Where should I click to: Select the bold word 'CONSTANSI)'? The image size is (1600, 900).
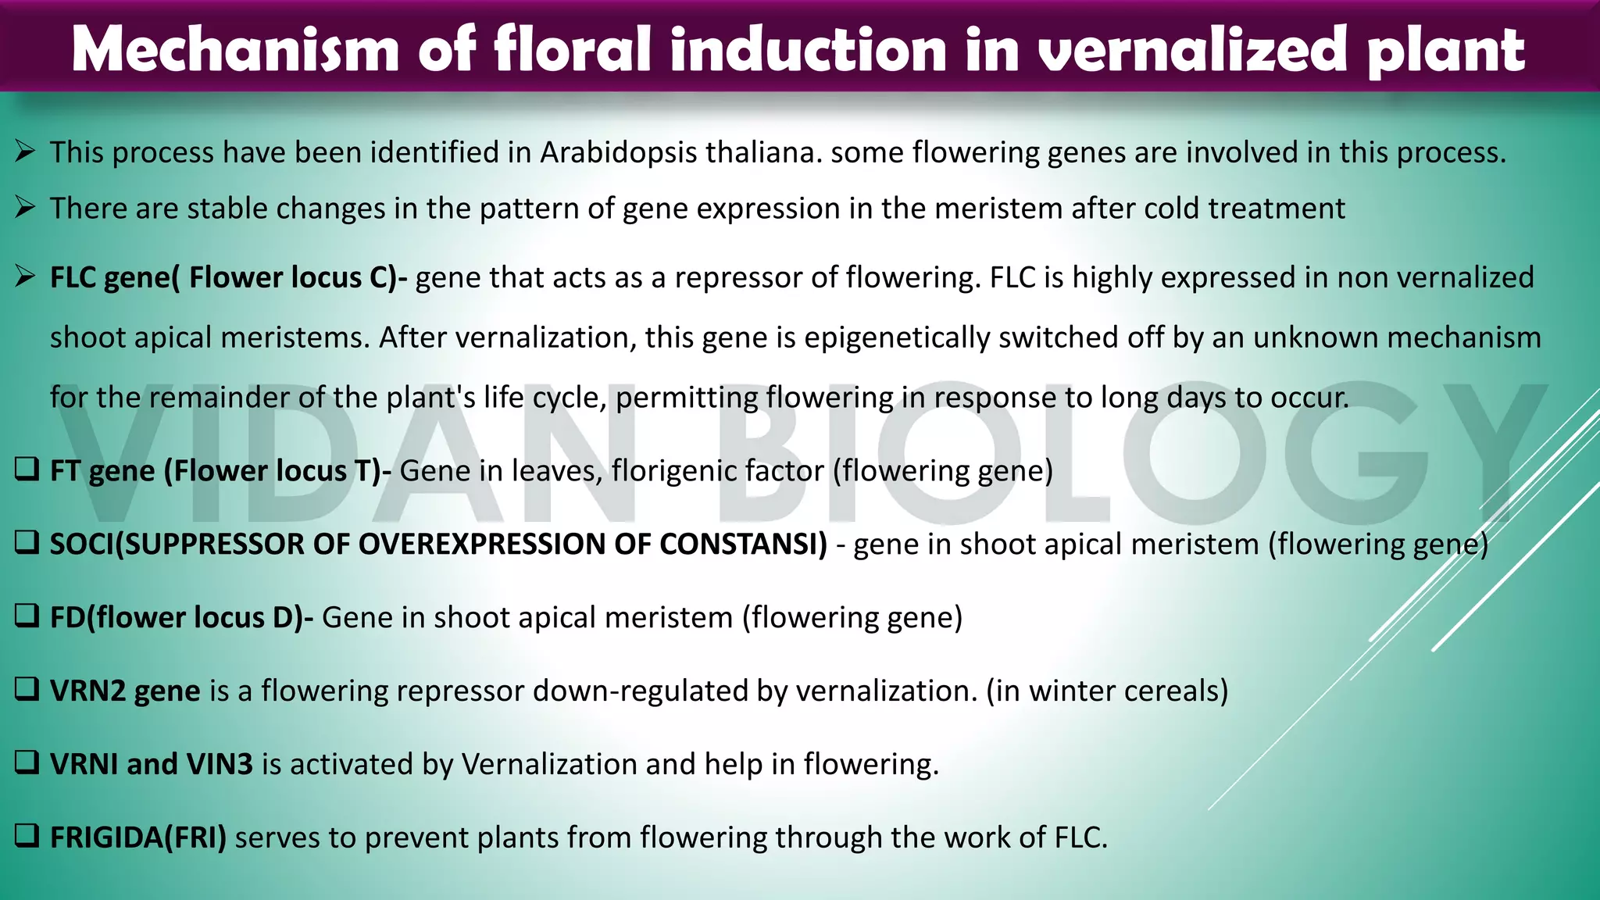(x=743, y=545)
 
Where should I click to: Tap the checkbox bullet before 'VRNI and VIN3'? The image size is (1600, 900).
(x=27, y=763)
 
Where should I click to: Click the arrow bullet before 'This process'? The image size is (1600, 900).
(x=25, y=152)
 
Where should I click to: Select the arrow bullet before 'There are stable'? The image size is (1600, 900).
(x=25, y=208)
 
